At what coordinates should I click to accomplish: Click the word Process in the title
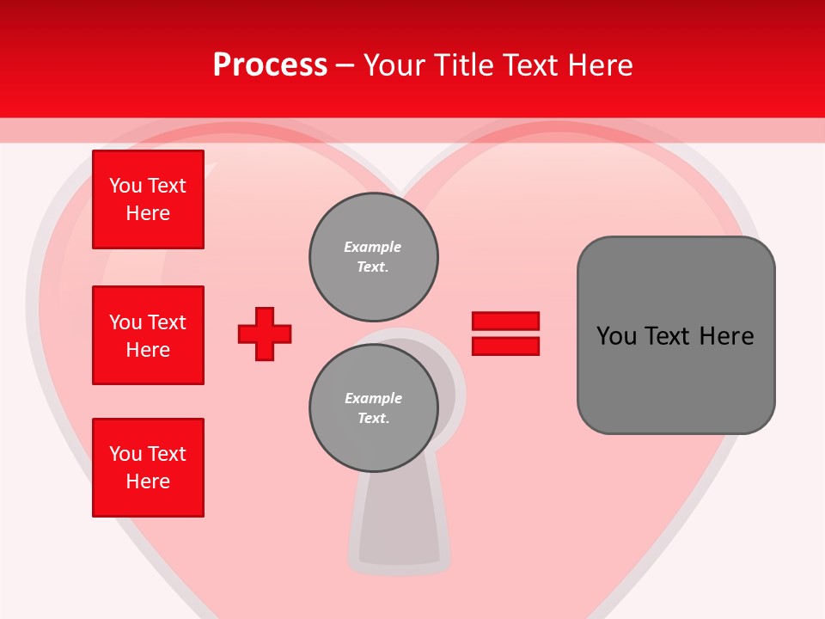point(270,65)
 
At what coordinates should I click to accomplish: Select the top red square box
point(148,199)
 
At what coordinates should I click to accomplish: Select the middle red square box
point(148,335)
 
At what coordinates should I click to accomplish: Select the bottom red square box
point(148,468)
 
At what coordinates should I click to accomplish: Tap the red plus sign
point(265,334)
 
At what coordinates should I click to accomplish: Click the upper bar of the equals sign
point(505,321)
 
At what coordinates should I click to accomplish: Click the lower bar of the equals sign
point(505,346)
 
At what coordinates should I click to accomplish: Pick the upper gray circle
point(373,256)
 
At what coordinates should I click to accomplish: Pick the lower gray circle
point(373,408)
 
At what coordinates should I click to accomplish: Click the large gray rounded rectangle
point(675,334)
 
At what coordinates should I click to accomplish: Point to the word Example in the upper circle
point(372,247)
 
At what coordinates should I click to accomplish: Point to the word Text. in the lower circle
point(373,419)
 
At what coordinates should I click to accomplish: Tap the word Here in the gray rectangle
point(726,336)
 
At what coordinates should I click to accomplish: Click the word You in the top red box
point(125,186)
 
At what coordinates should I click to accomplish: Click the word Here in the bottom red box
point(148,481)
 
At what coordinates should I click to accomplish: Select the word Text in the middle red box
point(167,322)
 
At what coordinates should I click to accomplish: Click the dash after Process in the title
point(345,65)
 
